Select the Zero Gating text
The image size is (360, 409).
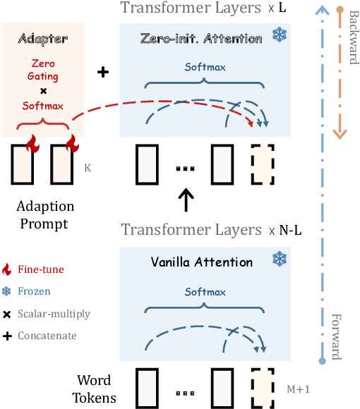[42, 70]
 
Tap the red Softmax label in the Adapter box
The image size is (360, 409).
[42, 106]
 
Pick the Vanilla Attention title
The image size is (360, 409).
[201, 262]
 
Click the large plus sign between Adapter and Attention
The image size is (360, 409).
[102, 73]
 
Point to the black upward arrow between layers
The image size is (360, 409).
[186, 199]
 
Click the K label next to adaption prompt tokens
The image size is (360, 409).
[87, 169]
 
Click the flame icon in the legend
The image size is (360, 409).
[8, 269]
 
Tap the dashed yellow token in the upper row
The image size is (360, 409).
[263, 161]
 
